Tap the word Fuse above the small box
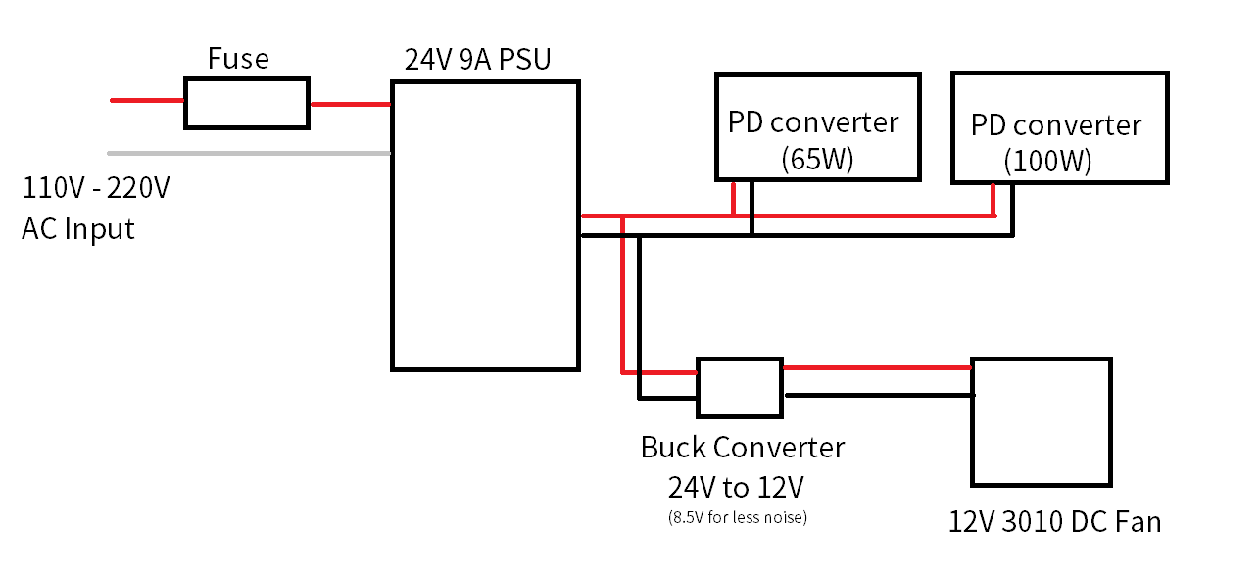pyautogui.click(x=238, y=60)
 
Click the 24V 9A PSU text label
pyautogui.click(x=478, y=60)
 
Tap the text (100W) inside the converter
pyautogui.click(x=1047, y=161)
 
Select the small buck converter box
pyautogui.click(x=740, y=387)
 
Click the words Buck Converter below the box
pyautogui.click(x=743, y=448)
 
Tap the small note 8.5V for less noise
pyautogui.click(x=737, y=517)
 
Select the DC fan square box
pyautogui.click(x=1042, y=421)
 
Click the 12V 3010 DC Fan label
pyautogui.click(x=1054, y=521)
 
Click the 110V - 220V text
pyautogui.click(x=96, y=187)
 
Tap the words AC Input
pyautogui.click(x=78, y=229)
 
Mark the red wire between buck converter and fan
pyautogui.click(x=877, y=368)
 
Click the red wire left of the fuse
pyautogui.click(x=147, y=100)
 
